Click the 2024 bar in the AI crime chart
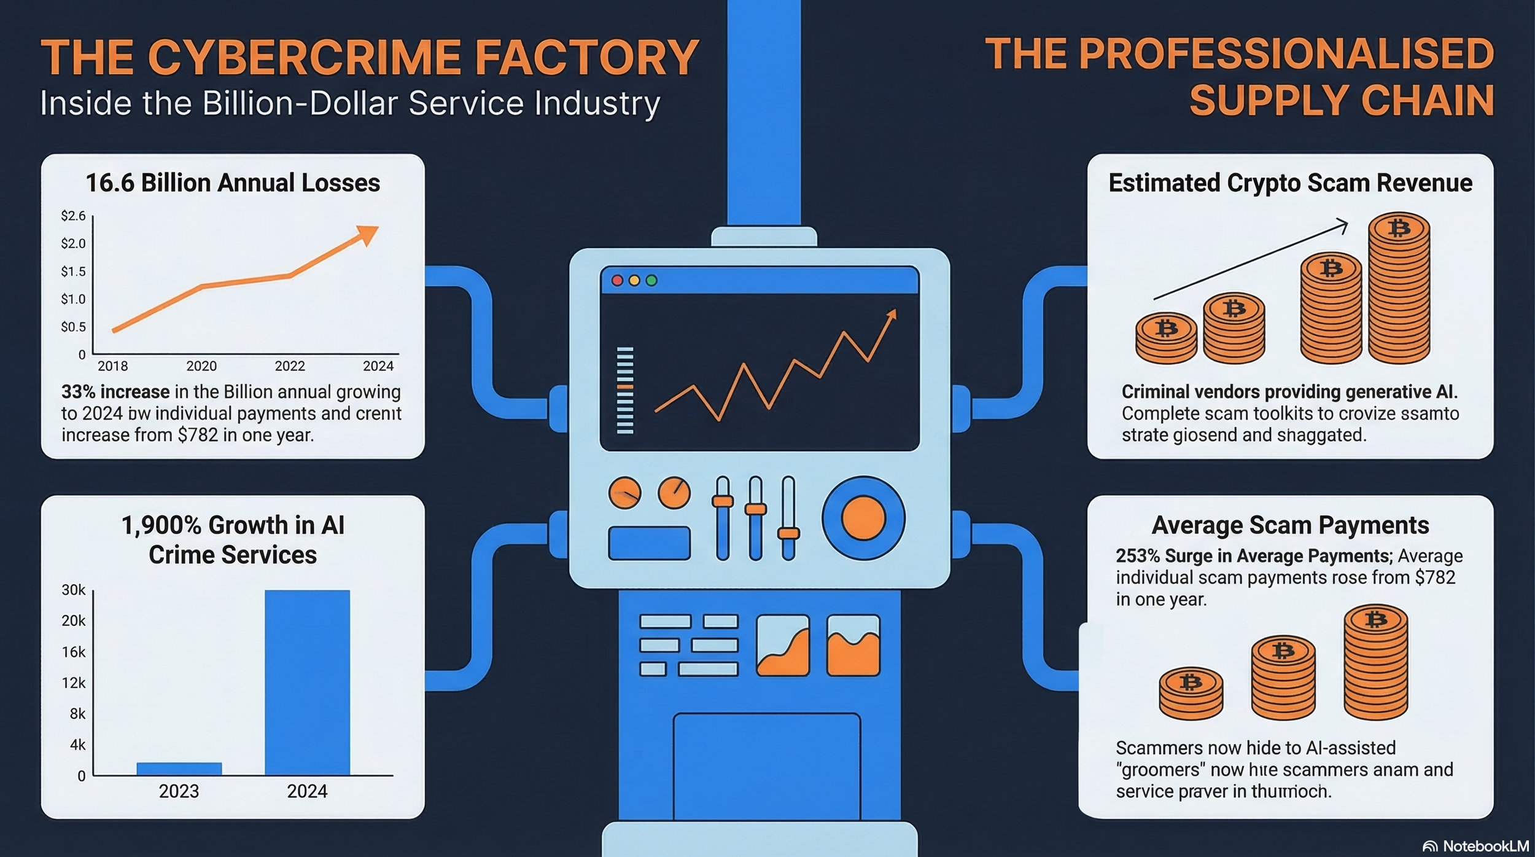tap(307, 682)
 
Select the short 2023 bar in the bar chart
tap(179, 769)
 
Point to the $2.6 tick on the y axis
tap(73, 216)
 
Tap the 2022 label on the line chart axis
tap(290, 366)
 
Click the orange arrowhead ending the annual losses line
tap(368, 234)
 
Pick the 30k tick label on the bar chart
tap(74, 590)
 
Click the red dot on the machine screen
tap(618, 281)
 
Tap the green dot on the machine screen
tap(651, 281)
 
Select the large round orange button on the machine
tap(863, 518)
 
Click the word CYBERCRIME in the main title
tap(305, 57)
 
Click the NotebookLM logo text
tap(1485, 846)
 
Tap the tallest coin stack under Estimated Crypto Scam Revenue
tap(1399, 289)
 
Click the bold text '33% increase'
tap(115, 392)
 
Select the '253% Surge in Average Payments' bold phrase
tap(1253, 556)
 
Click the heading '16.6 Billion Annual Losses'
tap(233, 183)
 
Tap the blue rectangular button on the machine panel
tap(649, 543)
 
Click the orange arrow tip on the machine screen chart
tap(892, 315)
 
